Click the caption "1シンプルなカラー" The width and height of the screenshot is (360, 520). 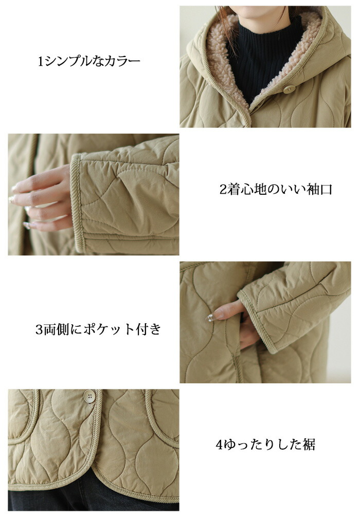pyautogui.click(x=89, y=61)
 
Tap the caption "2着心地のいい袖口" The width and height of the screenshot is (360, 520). pyautogui.click(x=276, y=190)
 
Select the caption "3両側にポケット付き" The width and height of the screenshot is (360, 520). pyautogui.click(x=98, y=329)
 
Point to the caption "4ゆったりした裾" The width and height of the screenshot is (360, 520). pyautogui.click(x=265, y=444)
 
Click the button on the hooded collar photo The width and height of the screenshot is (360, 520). pyautogui.click(x=290, y=89)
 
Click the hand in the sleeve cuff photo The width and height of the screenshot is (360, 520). pyautogui.click(x=42, y=199)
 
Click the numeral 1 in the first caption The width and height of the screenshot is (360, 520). pyautogui.click(x=41, y=62)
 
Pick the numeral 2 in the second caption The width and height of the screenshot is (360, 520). pyautogui.click(x=223, y=190)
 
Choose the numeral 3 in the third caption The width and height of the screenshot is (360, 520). pyautogui.click(x=39, y=330)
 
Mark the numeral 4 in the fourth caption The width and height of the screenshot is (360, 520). pyautogui.click(x=219, y=444)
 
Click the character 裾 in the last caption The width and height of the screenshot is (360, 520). pyautogui.click(x=309, y=444)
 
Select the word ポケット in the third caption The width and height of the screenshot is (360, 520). pyautogui.click(x=109, y=329)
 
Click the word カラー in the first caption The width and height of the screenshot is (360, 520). pyautogui.click(x=122, y=62)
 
